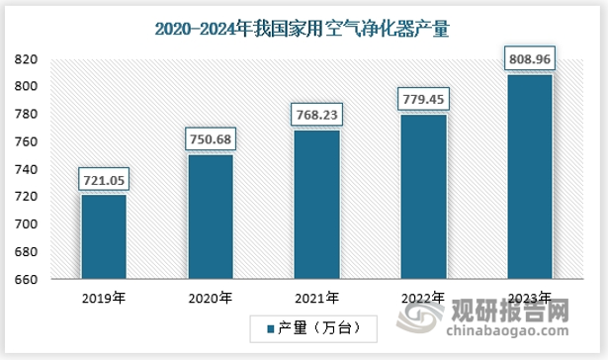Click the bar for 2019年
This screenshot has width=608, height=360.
coord(104,237)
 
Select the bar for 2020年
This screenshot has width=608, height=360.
coord(210,218)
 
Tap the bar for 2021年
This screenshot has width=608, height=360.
coord(316,205)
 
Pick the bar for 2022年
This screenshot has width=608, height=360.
coord(423,197)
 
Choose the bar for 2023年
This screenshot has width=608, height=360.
coord(529,177)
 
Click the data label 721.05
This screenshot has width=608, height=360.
coord(104,180)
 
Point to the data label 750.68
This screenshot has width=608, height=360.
coord(210,139)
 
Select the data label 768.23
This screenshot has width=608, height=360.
coord(316,115)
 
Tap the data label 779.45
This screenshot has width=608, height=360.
coord(423,99)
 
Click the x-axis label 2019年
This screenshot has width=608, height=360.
coord(104,296)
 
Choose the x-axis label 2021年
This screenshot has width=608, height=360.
coord(316,296)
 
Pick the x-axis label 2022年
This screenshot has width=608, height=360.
coord(423,296)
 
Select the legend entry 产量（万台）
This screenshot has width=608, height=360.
coord(309,327)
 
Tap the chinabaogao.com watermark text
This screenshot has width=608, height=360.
coord(513,334)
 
